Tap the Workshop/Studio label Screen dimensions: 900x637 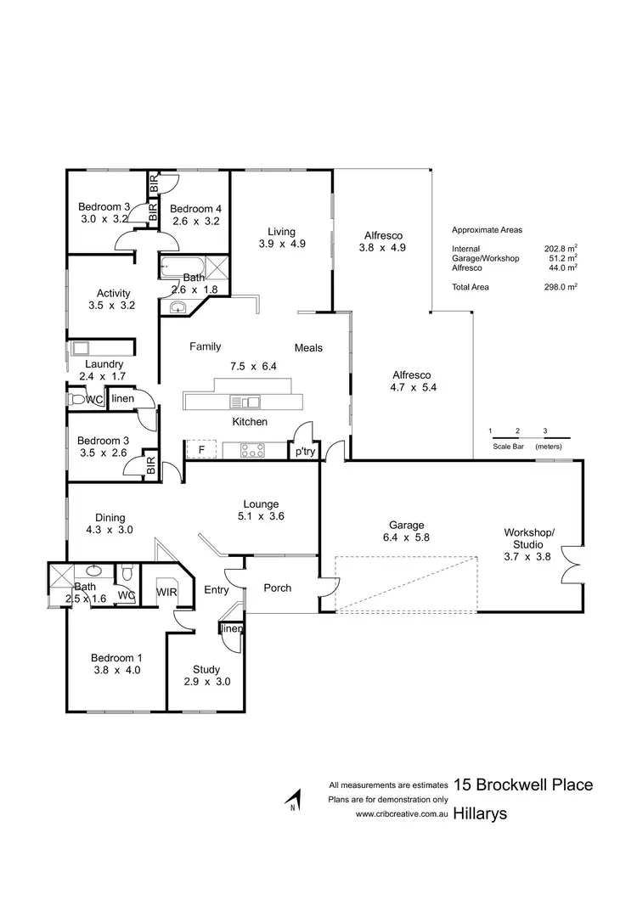coord(528,537)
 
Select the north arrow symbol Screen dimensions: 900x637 coord(294,801)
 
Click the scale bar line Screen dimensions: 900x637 coord(530,438)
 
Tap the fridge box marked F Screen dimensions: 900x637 coord(201,449)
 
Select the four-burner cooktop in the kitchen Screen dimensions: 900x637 coord(252,449)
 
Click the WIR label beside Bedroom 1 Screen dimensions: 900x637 coord(165,593)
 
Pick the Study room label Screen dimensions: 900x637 coord(206,669)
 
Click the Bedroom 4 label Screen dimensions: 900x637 coord(195,209)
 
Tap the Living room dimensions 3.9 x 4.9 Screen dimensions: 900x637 coord(281,244)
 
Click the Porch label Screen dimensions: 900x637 coord(277,588)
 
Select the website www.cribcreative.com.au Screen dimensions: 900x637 coord(401,813)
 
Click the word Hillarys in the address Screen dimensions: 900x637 coord(480,813)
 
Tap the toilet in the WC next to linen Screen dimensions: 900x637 coord(77,399)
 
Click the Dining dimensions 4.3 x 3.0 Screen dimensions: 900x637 coord(110,530)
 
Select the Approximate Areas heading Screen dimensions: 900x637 coord(488,229)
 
